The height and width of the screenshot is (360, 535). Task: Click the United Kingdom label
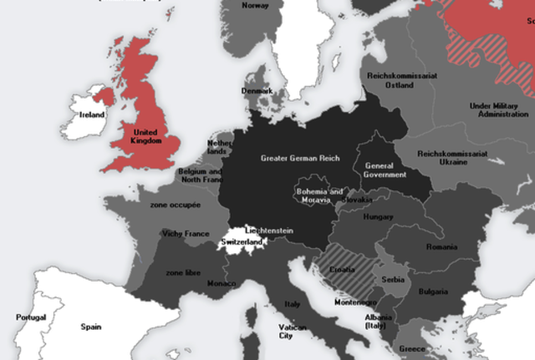coord(145,135)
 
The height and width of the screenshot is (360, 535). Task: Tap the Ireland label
coord(92,114)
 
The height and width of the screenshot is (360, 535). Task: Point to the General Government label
coord(385,170)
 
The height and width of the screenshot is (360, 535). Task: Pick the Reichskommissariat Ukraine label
coord(452,158)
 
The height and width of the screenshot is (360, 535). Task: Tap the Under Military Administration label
coord(499,109)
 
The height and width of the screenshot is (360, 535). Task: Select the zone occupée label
coord(175,205)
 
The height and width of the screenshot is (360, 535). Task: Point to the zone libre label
coord(183,272)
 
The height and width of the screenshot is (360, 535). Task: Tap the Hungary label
coord(378,217)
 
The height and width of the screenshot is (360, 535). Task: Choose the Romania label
coord(441,247)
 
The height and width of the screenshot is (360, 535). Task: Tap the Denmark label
coord(257,90)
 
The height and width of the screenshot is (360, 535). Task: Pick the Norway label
coord(255,5)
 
